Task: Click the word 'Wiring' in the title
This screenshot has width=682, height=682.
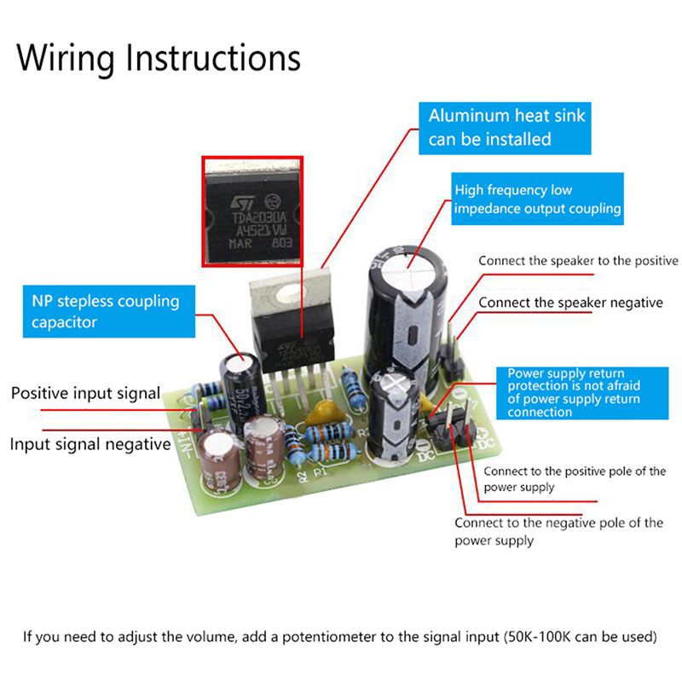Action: (66, 58)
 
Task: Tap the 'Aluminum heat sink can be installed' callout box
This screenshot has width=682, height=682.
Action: (506, 127)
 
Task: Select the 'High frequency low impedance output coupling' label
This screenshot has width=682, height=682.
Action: (537, 199)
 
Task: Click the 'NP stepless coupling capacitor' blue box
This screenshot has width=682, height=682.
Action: (105, 311)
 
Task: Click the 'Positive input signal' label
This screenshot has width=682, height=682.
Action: (85, 393)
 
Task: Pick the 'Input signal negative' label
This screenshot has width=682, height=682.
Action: (90, 444)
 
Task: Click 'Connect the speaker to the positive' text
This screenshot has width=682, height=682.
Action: (578, 261)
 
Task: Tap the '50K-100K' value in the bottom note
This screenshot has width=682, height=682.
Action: (544, 636)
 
